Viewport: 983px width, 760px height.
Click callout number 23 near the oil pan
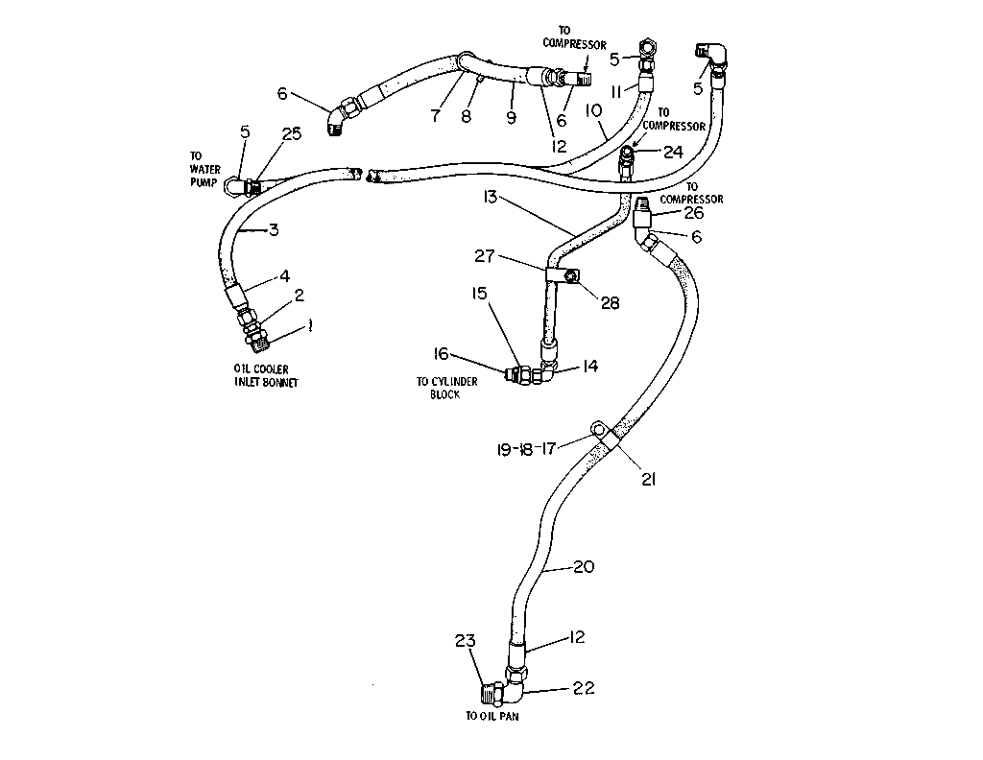pos(466,641)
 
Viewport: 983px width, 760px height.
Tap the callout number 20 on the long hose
pos(584,566)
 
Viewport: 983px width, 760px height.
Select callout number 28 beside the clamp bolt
pos(610,303)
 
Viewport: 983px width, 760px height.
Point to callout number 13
pos(491,198)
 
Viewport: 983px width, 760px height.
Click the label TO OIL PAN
pos(492,716)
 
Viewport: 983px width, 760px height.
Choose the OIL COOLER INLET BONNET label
pos(267,376)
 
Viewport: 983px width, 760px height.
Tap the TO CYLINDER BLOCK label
pos(447,388)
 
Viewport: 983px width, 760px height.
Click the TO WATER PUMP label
pos(204,169)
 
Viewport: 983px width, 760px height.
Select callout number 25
pos(292,133)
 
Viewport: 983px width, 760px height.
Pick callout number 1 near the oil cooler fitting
pos(309,325)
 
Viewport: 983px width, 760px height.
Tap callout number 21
pos(648,479)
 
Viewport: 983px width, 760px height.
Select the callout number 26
pos(693,213)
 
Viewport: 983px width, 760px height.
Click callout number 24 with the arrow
pos(673,153)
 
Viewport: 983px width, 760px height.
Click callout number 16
pos(442,354)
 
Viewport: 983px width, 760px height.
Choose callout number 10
pos(593,111)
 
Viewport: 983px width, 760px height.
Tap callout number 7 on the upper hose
pos(435,116)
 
